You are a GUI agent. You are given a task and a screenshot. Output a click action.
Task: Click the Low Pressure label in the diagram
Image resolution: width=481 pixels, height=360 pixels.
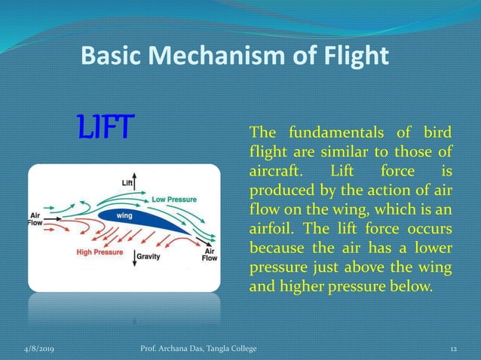(x=174, y=200)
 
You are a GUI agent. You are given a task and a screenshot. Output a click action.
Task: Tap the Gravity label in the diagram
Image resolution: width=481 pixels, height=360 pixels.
(x=147, y=257)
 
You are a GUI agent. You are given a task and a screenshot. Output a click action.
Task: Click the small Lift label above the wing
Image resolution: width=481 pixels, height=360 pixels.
(x=129, y=182)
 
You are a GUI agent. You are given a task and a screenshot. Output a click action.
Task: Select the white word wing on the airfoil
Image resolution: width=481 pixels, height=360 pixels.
(x=125, y=215)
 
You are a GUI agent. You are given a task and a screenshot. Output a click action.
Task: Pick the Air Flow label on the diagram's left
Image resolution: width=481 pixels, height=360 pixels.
(x=35, y=217)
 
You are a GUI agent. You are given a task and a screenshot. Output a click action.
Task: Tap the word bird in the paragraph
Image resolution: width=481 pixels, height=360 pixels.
(x=437, y=133)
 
